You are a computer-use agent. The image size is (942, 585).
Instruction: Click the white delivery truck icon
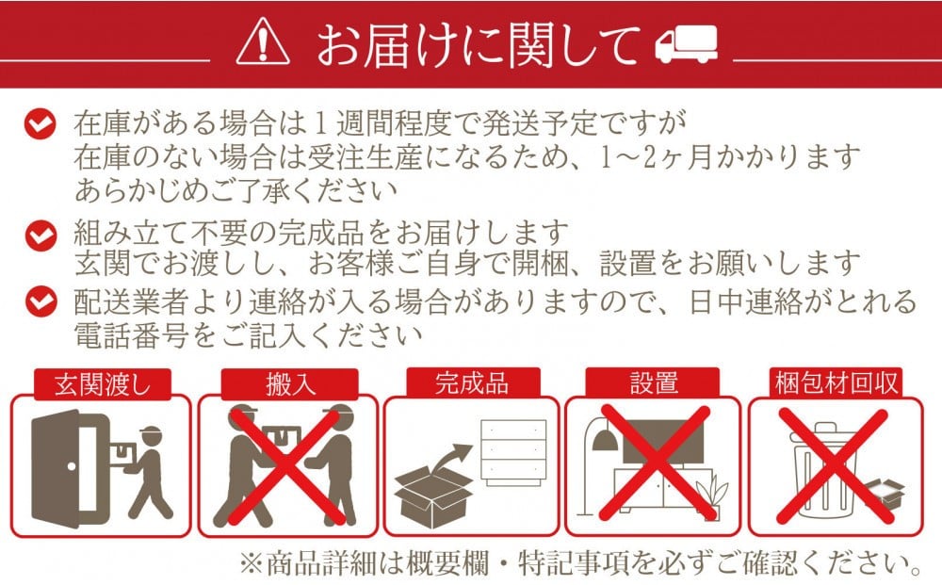[x=686, y=43]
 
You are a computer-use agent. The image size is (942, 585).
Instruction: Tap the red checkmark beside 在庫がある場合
[x=41, y=123]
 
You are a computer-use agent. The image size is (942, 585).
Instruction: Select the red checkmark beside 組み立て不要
[x=41, y=236]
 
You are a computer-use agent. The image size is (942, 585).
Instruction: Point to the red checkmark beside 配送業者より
[x=41, y=301]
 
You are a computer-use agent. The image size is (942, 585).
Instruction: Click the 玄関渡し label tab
[x=102, y=383]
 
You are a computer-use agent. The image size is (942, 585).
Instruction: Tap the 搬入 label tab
[x=290, y=383]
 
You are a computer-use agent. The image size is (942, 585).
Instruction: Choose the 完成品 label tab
[x=473, y=382]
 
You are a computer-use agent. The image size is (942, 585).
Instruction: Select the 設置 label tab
[x=653, y=382]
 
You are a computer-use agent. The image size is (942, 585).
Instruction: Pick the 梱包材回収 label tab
[x=836, y=382]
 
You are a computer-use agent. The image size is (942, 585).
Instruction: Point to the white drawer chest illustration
[x=513, y=451]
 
